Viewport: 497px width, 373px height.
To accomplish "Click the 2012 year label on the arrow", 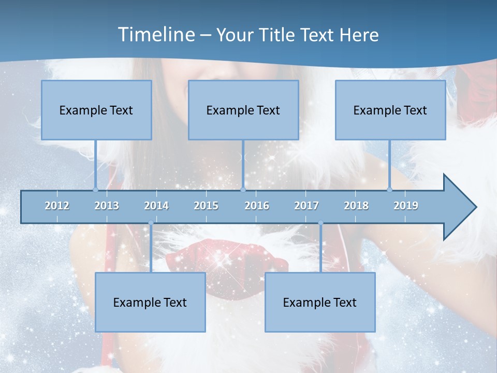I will coord(57,206).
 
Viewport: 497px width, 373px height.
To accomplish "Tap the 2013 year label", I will coord(107,206).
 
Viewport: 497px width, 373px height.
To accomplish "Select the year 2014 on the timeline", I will coord(156,206).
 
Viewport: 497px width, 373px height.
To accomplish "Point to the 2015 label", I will coord(206,206).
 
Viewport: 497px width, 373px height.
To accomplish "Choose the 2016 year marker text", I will coord(257,206).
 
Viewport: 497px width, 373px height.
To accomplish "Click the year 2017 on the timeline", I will coord(306,206).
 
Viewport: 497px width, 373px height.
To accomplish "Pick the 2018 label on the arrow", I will coord(356,206).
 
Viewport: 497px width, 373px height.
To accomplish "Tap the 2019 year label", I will coord(406,206).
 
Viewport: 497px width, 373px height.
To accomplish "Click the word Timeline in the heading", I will coord(155,35).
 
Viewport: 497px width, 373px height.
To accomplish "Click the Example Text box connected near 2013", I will coord(96,110).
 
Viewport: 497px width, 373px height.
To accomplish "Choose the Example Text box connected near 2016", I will coord(243,110).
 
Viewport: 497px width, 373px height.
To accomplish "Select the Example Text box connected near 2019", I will coord(390,110).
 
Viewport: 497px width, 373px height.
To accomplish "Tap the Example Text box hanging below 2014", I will coord(150,302).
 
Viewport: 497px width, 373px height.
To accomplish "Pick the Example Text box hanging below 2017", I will coord(320,302).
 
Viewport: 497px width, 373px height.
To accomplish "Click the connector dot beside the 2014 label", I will coord(151,223).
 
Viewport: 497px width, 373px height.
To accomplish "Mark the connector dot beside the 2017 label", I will coord(320,223).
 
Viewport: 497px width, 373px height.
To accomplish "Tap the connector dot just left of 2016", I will coord(243,190).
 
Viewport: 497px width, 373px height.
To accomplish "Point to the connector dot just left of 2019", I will coord(390,190).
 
